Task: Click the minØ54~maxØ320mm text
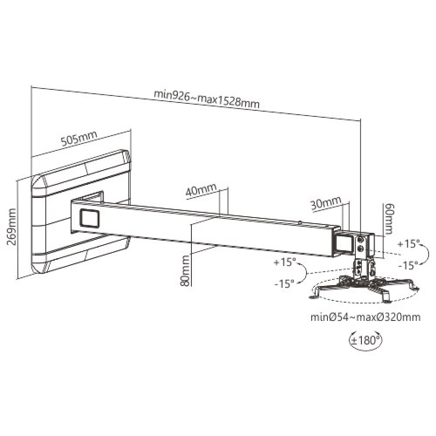point(365,317)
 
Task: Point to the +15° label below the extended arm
point(284,263)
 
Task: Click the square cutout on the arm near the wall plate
point(90,218)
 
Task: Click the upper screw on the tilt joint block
point(361,240)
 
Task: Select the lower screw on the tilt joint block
point(361,249)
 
